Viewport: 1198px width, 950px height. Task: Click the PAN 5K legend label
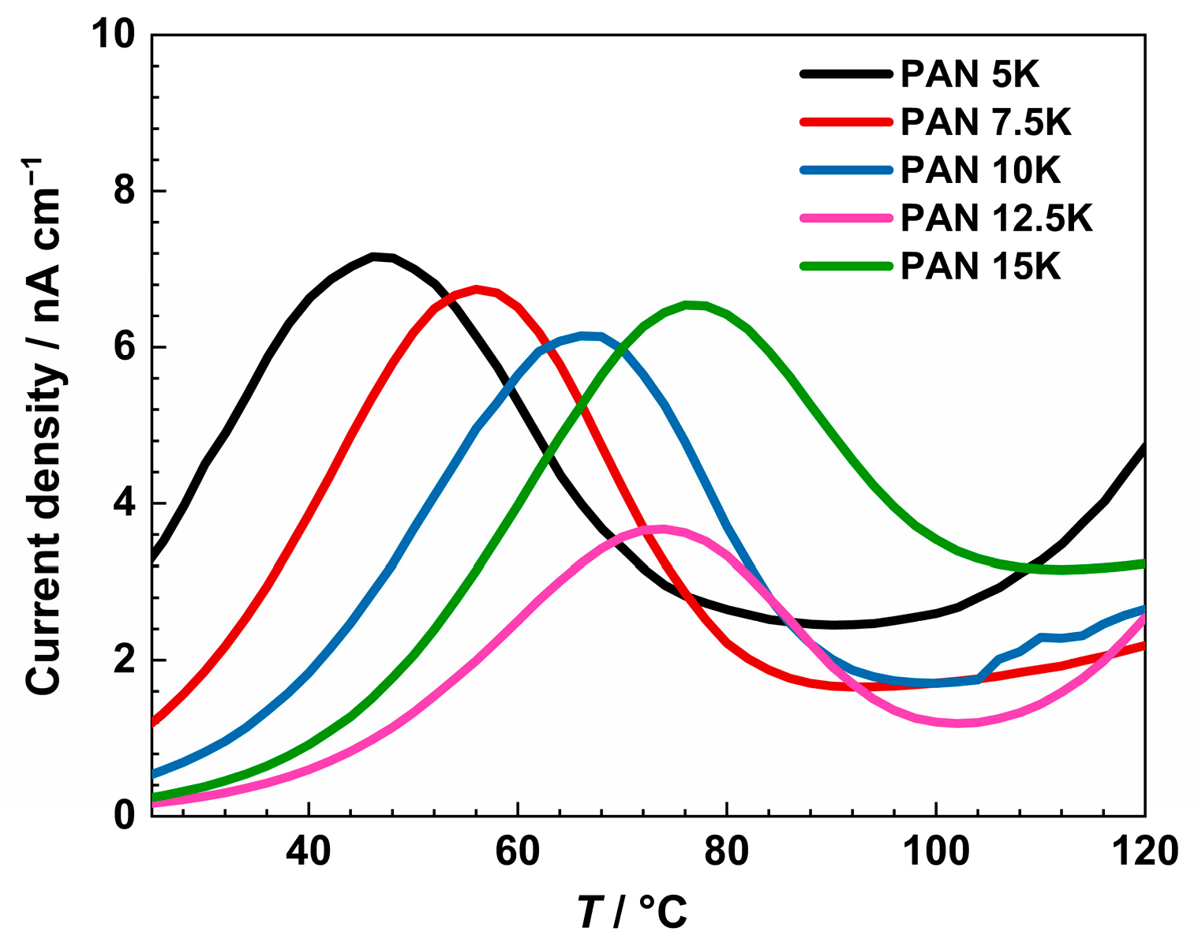click(x=970, y=74)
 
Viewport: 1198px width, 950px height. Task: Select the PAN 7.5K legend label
click(x=986, y=122)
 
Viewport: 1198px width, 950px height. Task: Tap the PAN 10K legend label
click(x=980, y=170)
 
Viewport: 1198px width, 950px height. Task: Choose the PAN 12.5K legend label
click(x=996, y=219)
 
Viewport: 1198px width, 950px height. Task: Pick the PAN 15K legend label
click(x=980, y=267)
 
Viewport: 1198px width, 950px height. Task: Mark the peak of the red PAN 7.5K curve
click(x=477, y=290)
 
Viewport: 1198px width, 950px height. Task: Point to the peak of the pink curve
click(x=661, y=529)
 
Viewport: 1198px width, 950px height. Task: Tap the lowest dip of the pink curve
click(x=958, y=723)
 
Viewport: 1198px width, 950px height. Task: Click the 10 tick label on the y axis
click(x=115, y=36)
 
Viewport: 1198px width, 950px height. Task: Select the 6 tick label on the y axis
click(x=125, y=347)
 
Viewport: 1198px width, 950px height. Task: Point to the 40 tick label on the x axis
click(x=309, y=851)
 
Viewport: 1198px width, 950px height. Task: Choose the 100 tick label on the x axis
click(x=935, y=851)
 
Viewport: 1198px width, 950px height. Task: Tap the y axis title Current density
click(x=46, y=426)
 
